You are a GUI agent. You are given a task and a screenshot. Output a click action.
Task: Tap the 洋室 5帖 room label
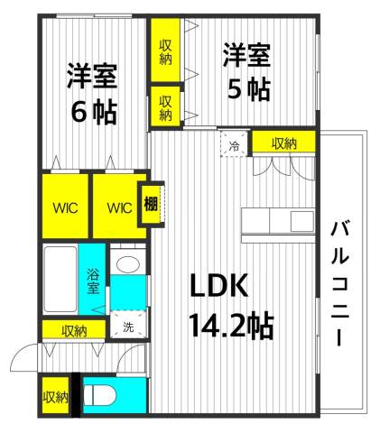pyautogui.click(x=246, y=73)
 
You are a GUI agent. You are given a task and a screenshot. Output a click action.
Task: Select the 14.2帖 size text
pyautogui.click(x=231, y=322)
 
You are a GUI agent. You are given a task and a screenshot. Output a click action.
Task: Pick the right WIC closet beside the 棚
pyautogui.click(x=118, y=207)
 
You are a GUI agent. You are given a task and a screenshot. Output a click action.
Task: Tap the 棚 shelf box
pyautogui.click(x=151, y=204)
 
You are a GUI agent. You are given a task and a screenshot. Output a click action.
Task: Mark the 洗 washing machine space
pyautogui.click(x=127, y=327)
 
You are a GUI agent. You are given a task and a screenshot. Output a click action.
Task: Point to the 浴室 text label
pyautogui.click(x=93, y=283)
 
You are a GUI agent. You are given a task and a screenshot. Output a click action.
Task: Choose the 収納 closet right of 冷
pyautogui.click(x=282, y=143)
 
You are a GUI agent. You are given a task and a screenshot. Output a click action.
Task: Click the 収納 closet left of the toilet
pyautogui.click(x=54, y=396)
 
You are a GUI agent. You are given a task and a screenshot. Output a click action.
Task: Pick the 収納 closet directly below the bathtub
pyautogui.click(x=74, y=331)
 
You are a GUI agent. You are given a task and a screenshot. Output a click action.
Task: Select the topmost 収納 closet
pyautogui.click(x=166, y=51)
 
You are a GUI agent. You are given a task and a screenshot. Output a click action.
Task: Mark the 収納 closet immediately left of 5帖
pyautogui.click(x=166, y=106)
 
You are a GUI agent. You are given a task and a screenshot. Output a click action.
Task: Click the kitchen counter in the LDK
pyautogui.click(x=276, y=221)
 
